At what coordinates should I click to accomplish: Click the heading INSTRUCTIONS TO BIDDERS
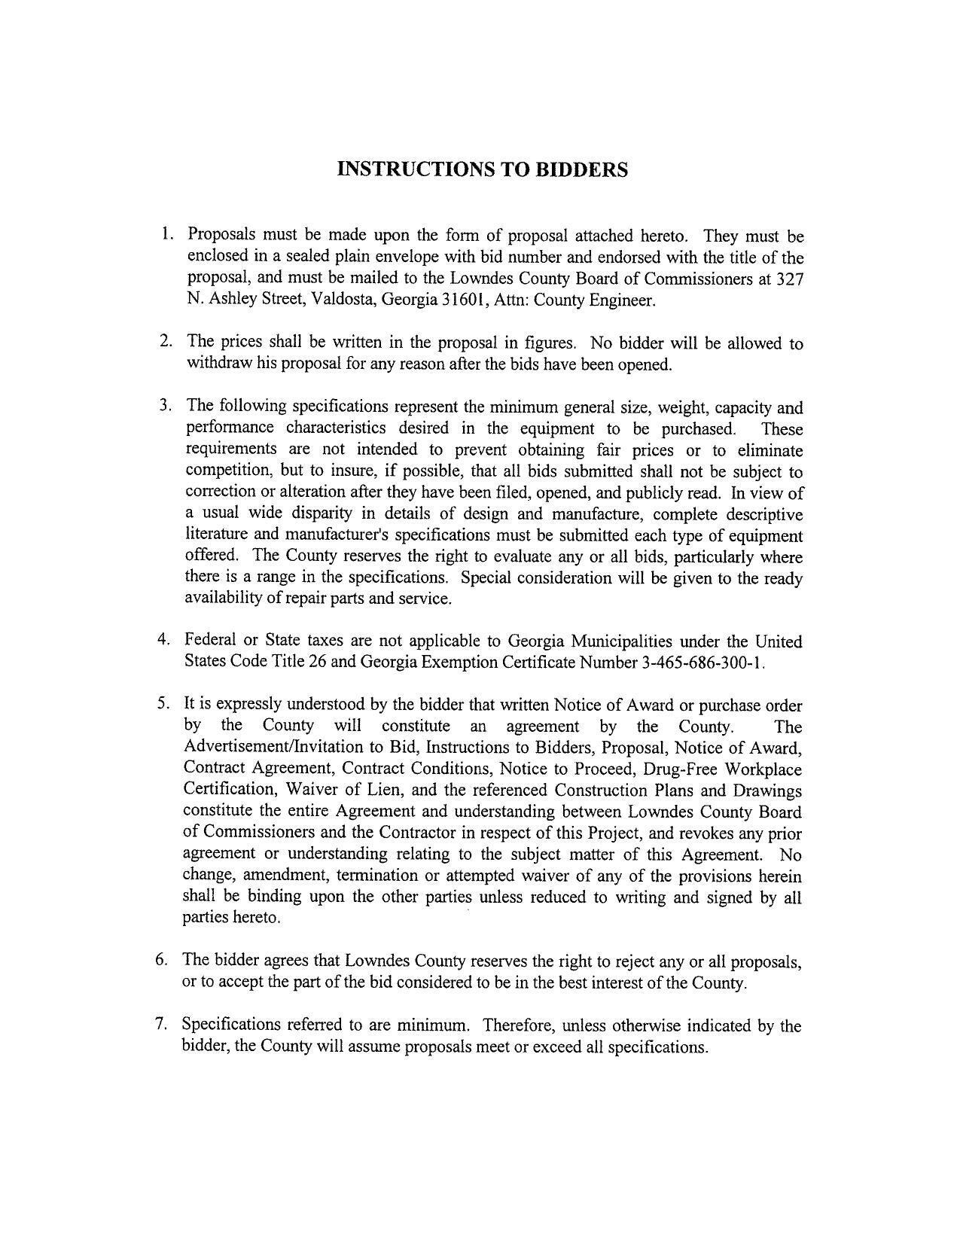(482, 169)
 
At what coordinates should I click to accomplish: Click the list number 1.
(166, 234)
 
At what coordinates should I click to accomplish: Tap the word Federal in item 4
(210, 641)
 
